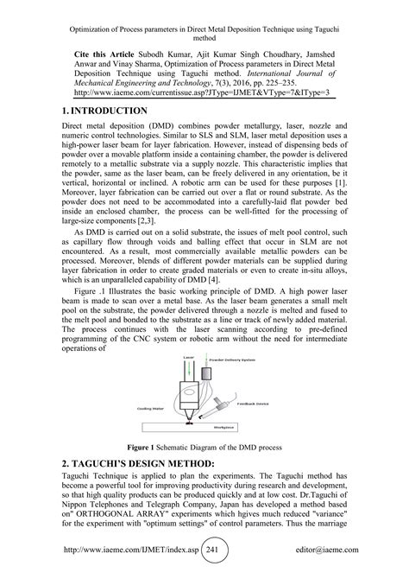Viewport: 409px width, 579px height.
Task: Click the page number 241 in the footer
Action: pyautogui.click(x=223, y=559)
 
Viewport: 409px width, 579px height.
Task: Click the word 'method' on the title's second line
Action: pyautogui.click(x=204, y=39)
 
